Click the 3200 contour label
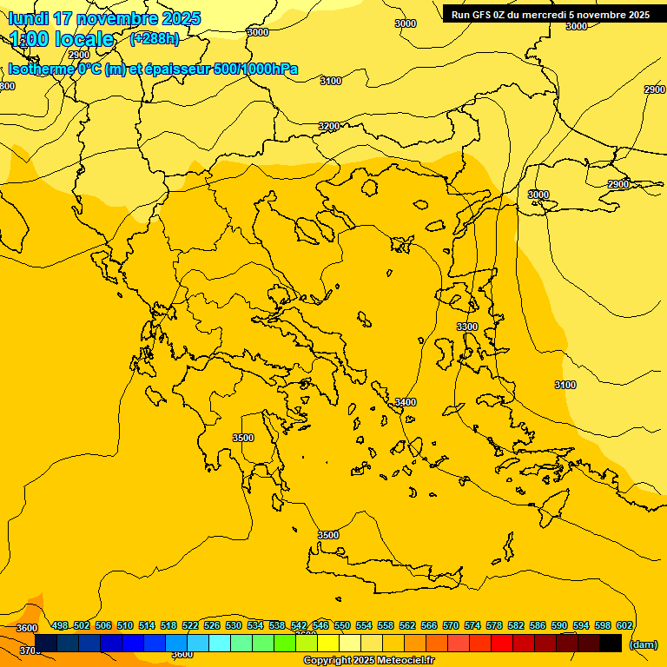(329, 126)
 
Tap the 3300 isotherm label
(467, 327)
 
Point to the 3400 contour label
(406, 402)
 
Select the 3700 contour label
(30, 650)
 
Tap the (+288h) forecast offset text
(155, 38)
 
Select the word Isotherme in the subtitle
(40, 69)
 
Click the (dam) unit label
(643, 644)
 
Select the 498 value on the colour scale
(60, 625)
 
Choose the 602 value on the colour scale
(624, 625)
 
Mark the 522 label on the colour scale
(190, 625)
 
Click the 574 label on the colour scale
(472, 625)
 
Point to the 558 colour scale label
(386, 625)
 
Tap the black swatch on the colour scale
(611, 643)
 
